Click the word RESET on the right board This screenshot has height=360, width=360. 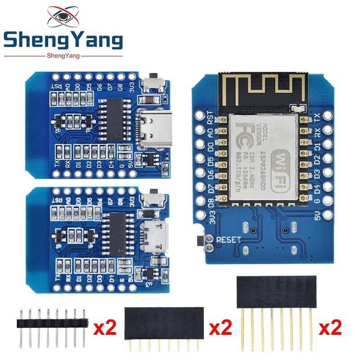click(x=229, y=240)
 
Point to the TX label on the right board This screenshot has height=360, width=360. click(x=318, y=117)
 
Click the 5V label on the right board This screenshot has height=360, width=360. click(x=318, y=216)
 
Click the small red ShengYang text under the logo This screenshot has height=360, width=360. click(x=63, y=56)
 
